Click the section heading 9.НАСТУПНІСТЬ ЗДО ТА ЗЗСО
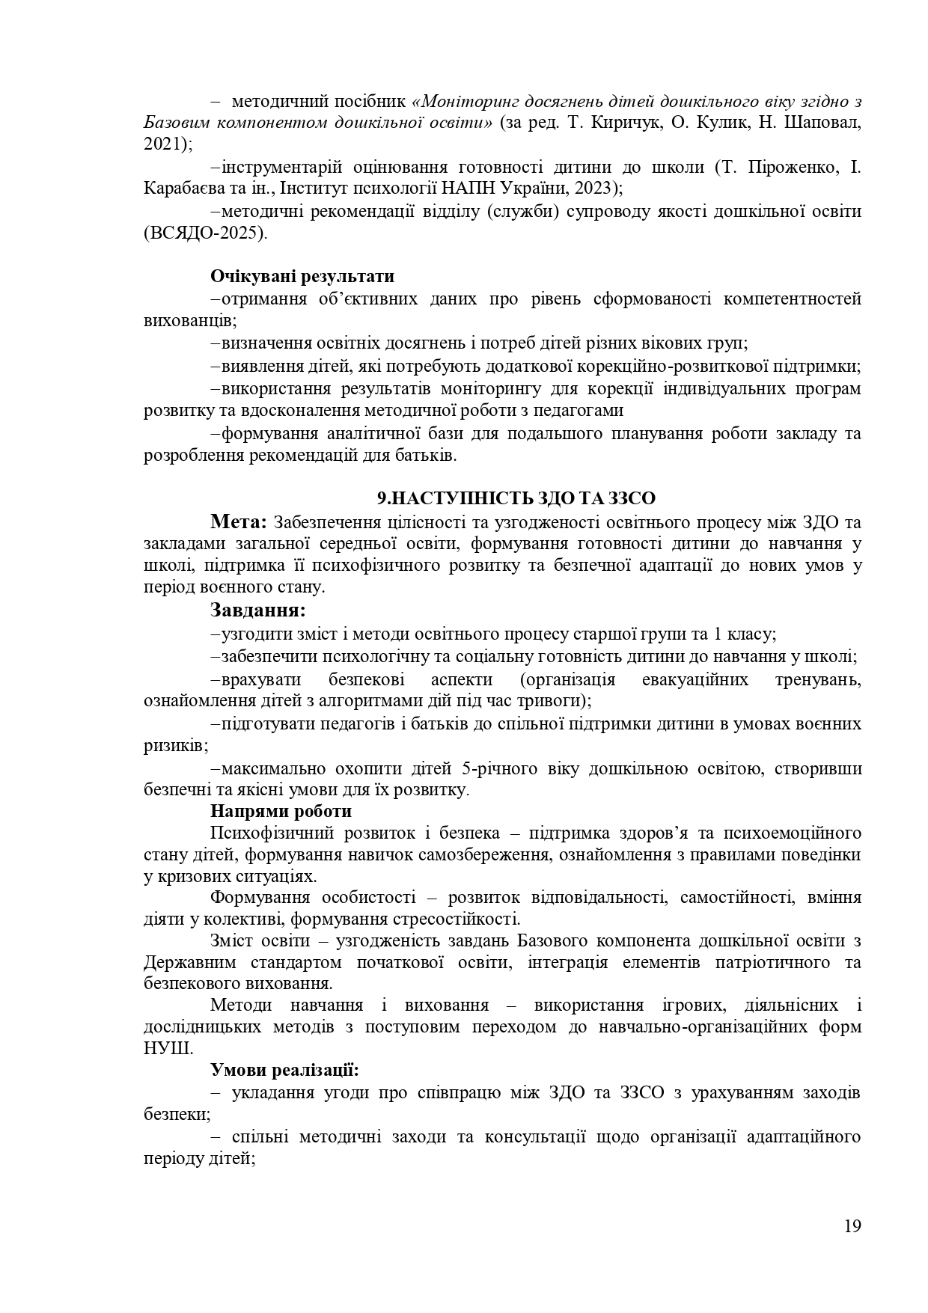(x=516, y=499)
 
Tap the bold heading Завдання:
(x=258, y=610)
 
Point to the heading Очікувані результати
(x=302, y=277)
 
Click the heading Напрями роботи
(x=281, y=811)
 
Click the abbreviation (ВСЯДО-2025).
(x=205, y=233)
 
